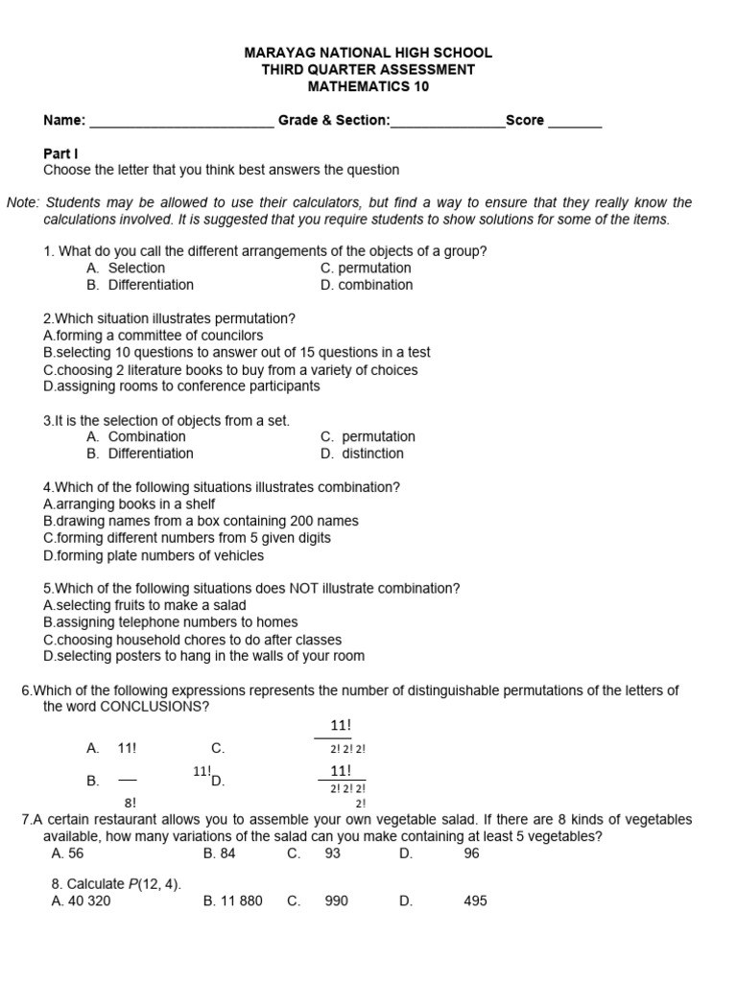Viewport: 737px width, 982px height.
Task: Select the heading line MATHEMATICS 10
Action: coord(368,86)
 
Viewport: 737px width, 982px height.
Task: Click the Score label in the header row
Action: coord(525,121)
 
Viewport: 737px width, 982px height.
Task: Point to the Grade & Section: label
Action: coord(334,121)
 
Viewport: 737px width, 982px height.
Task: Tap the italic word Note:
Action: coord(23,202)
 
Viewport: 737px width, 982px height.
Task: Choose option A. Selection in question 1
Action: coord(126,269)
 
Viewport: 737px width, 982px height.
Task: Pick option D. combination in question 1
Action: coord(367,285)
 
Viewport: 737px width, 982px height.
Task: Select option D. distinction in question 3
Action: coord(363,454)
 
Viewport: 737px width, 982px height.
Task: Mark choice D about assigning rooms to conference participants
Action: coord(182,386)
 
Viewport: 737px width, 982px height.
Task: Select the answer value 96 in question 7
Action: coord(471,852)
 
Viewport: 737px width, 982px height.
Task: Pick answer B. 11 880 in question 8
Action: coord(233,901)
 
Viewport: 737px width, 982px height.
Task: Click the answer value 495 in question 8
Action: coord(475,901)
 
